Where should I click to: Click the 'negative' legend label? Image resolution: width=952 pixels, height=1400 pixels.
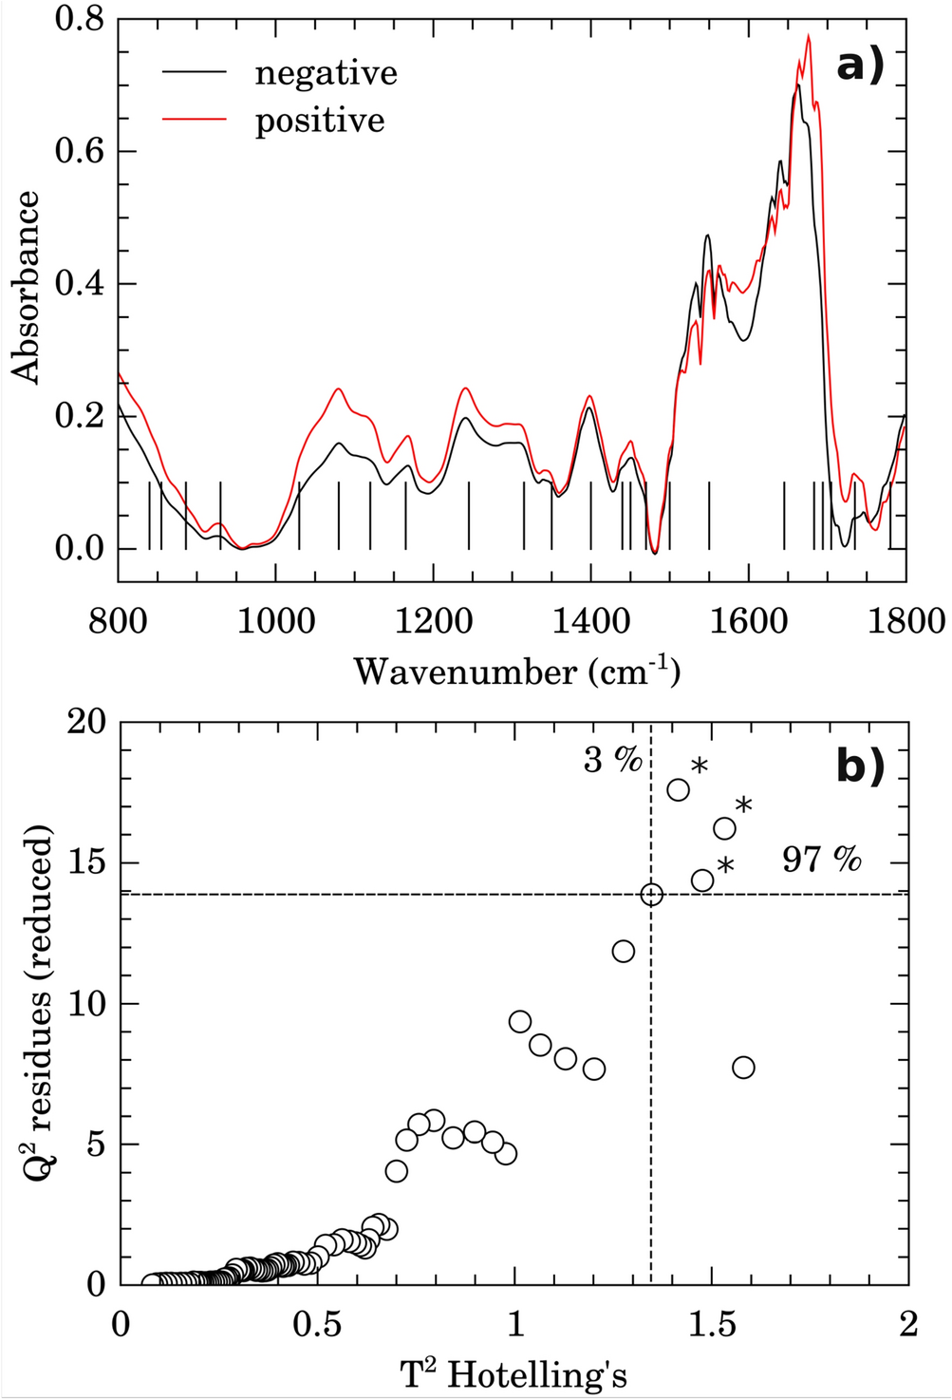click(x=326, y=73)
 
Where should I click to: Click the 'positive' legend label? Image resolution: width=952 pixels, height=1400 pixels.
click(x=320, y=121)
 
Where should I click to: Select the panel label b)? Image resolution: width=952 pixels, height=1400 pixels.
click(x=860, y=766)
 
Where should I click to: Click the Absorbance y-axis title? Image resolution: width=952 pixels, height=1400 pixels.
click(x=27, y=287)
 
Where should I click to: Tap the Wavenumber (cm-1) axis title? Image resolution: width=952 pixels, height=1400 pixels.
click(x=517, y=672)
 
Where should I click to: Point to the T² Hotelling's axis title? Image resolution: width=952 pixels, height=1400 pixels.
click(x=513, y=1373)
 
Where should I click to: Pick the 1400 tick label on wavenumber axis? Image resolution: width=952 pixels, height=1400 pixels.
click(x=590, y=621)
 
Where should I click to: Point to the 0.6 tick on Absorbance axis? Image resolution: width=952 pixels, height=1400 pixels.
click(x=79, y=151)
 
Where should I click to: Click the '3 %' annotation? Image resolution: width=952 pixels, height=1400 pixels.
click(x=612, y=760)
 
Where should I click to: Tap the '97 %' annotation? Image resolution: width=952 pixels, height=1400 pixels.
click(x=822, y=860)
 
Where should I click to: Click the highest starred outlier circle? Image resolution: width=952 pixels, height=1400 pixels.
click(x=679, y=789)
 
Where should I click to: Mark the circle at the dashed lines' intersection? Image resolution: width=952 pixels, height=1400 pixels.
click(x=651, y=894)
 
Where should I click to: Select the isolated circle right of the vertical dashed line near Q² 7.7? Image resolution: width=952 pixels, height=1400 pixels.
click(x=743, y=1068)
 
